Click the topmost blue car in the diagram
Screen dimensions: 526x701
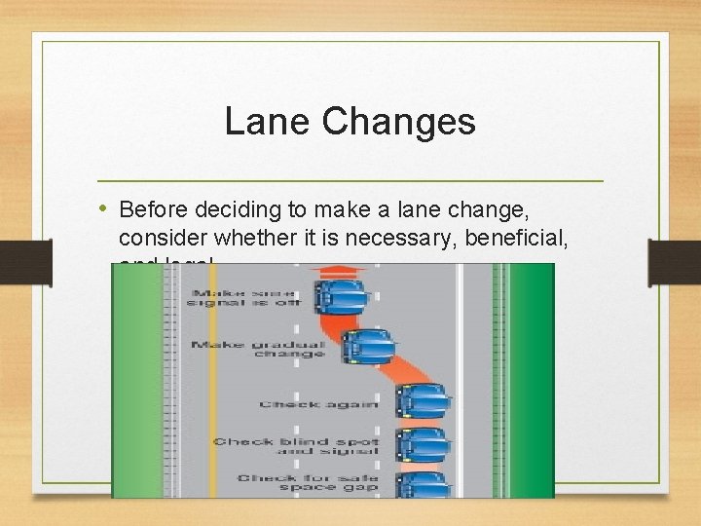pos(339,294)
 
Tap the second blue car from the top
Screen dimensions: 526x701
pos(367,345)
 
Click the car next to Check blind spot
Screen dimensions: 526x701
pos(422,443)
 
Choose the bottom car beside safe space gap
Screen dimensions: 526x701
pos(422,484)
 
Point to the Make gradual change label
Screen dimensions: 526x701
pos(258,348)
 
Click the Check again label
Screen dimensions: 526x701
pos(298,404)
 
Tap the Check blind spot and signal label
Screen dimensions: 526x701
pos(296,446)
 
